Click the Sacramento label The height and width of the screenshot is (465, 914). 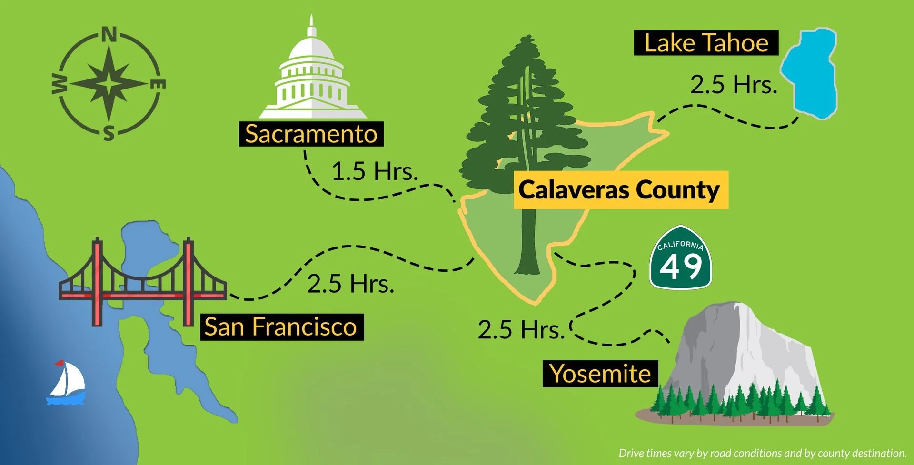(x=311, y=134)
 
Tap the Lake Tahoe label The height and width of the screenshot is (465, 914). (x=706, y=43)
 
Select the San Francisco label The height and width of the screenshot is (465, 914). (x=281, y=327)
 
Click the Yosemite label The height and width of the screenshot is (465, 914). (x=600, y=374)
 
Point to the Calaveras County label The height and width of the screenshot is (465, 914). (x=620, y=190)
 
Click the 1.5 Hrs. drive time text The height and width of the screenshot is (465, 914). (x=374, y=171)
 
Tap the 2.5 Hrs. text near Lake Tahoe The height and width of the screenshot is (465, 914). (x=733, y=85)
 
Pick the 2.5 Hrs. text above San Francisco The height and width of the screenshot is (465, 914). (x=350, y=284)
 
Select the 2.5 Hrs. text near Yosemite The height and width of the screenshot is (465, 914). (x=521, y=329)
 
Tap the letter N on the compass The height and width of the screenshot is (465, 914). (x=109, y=35)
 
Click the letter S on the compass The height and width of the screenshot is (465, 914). (x=109, y=134)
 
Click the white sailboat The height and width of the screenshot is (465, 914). (x=67, y=383)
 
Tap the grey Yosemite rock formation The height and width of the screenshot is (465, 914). (x=743, y=347)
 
